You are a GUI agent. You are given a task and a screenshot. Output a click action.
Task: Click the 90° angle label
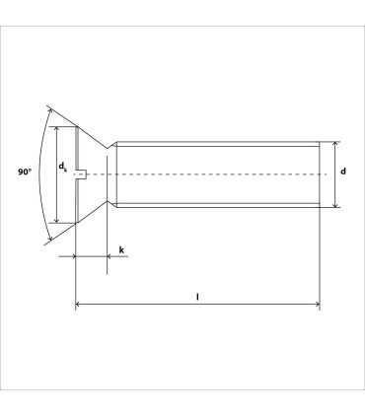click(25, 172)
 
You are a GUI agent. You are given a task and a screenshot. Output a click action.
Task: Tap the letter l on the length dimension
click(197, 295)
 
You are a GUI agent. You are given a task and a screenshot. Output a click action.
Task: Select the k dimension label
click(120, 250)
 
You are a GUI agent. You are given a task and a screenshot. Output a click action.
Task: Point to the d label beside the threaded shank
click(342, 172)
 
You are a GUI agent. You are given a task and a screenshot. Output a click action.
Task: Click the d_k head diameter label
click(63, 168)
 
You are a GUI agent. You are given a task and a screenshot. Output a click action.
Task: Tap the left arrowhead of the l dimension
click(79, 306)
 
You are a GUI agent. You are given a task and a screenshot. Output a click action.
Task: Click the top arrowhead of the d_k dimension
click(57, 128)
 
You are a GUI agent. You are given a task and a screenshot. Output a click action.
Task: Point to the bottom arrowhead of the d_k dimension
click(57, 221)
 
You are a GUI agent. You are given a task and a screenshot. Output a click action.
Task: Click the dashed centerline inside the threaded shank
click(217, 174)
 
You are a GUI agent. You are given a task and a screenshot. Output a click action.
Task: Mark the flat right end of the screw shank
click(320, 174)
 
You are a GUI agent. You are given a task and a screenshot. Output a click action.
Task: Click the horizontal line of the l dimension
click(148, 306)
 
